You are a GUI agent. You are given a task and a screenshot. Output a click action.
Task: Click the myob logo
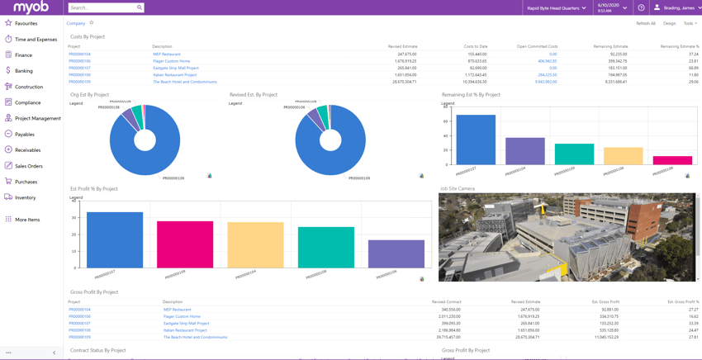31,7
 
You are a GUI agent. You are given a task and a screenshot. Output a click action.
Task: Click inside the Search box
102,7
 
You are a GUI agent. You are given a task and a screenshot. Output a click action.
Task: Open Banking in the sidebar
24,71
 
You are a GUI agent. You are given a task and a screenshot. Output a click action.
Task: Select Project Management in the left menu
37,118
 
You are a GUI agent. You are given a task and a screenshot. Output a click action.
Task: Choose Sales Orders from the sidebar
28,166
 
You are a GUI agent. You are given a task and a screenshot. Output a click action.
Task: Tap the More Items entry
26,220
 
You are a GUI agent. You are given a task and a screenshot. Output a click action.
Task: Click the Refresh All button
646,23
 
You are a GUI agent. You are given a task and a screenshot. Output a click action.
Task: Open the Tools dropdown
690,23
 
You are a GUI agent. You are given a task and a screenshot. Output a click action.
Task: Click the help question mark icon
641,7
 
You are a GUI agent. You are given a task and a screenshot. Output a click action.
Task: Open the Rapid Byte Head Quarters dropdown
556,7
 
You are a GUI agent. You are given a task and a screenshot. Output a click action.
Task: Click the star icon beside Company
92,23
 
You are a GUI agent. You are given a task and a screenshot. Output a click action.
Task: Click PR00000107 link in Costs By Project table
79,68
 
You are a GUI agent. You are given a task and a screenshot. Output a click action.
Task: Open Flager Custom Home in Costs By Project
171,61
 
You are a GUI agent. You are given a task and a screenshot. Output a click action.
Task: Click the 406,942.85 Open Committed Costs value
547,61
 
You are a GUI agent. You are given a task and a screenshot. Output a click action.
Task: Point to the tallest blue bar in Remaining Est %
476,140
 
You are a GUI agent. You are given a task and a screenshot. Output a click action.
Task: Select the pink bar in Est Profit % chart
184,244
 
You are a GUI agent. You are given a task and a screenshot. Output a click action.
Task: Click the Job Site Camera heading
458,188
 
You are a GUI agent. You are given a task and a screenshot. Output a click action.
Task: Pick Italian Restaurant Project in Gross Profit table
185,330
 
